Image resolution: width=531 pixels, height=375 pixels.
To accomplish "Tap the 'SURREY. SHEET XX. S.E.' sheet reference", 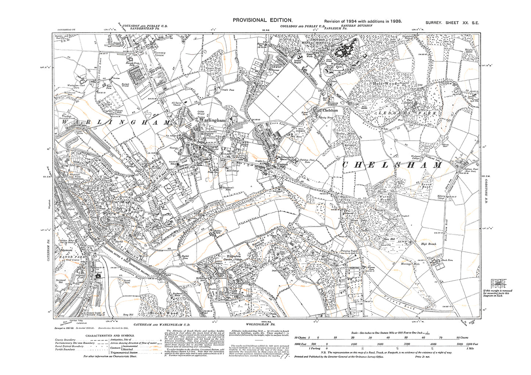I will pyautogui.click(x=452, y=23).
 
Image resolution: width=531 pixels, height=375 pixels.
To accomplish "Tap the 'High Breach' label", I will pyautogui.click(x=429, y=244).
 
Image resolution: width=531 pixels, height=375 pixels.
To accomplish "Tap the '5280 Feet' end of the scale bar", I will pyautogui.click(x=471, y=344).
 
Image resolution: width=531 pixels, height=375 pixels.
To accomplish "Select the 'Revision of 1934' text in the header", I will pyautogui.click(x=343, y=21).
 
